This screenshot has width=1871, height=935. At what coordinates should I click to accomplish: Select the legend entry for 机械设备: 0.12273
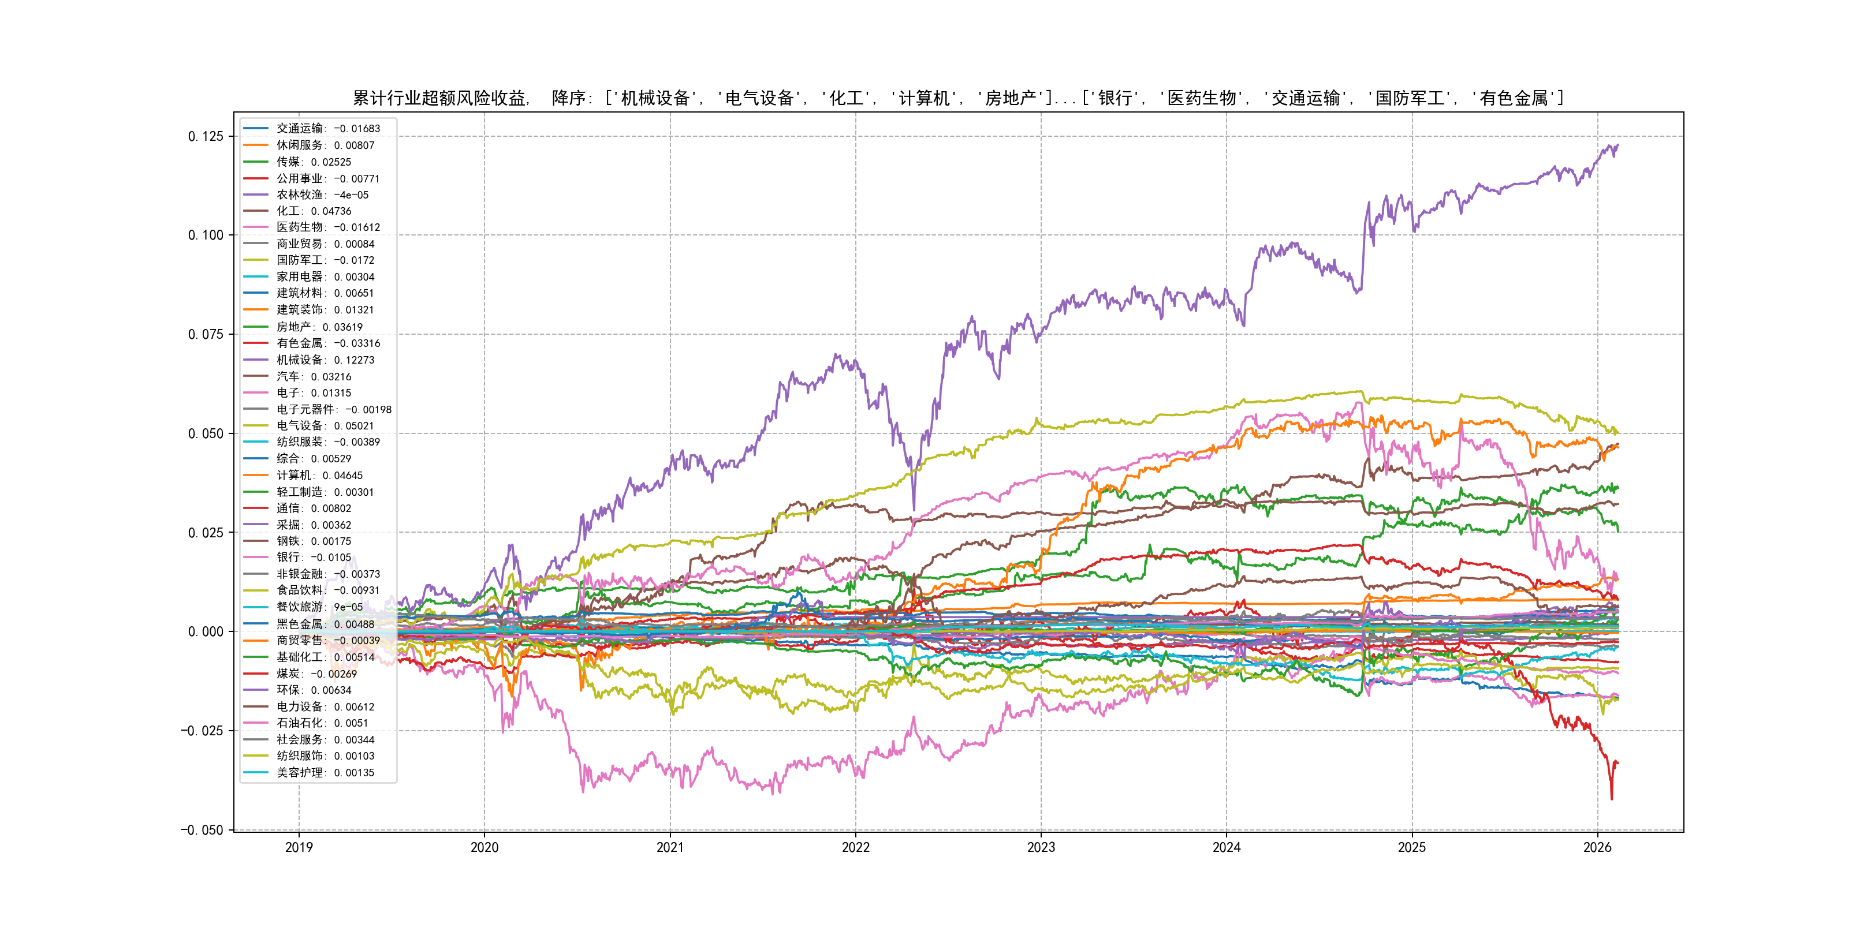(325, 360)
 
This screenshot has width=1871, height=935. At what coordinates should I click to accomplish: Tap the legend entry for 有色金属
(327, 343)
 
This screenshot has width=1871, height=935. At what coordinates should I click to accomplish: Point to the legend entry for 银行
(313, 558)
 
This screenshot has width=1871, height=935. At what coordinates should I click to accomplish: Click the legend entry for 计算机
(319, 476)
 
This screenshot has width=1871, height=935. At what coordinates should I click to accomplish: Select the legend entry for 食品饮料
(327, 590)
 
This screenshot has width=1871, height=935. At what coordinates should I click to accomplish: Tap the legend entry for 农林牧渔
(322, 195)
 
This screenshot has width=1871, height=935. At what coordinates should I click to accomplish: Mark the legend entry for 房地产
(319, 327)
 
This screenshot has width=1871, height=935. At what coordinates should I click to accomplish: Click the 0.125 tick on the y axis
(206, 136)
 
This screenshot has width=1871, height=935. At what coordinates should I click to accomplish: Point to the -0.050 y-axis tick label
(202, 830)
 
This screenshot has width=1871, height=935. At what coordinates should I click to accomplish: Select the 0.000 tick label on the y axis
(206, 631)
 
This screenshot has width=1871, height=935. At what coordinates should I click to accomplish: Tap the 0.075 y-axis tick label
(206, 335)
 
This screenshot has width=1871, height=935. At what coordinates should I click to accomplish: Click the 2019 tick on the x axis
(299, 847)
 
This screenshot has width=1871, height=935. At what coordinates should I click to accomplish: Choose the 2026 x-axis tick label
(1597, 847)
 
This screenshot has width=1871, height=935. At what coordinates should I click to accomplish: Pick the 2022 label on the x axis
(856, 847)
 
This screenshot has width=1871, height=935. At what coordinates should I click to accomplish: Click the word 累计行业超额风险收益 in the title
(439, 98)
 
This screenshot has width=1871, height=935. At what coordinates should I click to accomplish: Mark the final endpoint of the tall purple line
(1618, 145)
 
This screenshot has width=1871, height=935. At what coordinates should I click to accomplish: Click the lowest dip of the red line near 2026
(1612, 799)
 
